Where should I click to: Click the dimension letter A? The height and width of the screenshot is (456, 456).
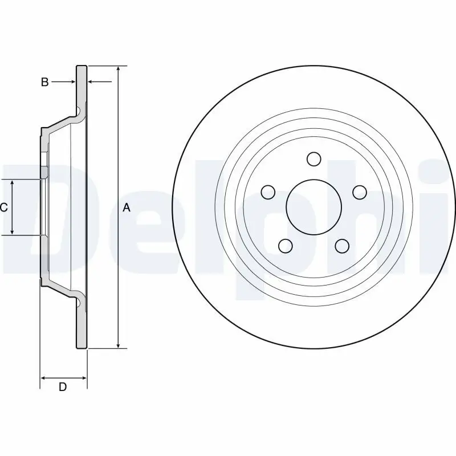[127, 208]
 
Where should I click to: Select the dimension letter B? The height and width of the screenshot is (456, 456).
[44, 82]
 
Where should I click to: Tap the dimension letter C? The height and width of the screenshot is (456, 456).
[3, 207]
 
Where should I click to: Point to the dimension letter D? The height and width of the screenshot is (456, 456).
[63, 387]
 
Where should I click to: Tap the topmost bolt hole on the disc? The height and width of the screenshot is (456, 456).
[313, 158]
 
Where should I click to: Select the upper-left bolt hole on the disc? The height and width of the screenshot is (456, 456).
[267, 192]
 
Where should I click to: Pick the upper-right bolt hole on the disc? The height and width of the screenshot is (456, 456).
[359, 192]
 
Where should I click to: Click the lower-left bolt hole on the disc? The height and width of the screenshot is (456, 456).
[284, 246]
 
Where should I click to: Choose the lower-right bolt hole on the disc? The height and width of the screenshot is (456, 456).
[341, 246]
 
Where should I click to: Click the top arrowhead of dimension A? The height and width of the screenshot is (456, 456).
[118, 69]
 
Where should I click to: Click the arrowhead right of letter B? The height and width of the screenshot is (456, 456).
[72, 82]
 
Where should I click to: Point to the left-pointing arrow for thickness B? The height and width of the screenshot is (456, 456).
[92, 82]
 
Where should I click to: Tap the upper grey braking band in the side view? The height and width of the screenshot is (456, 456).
[82, 85]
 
